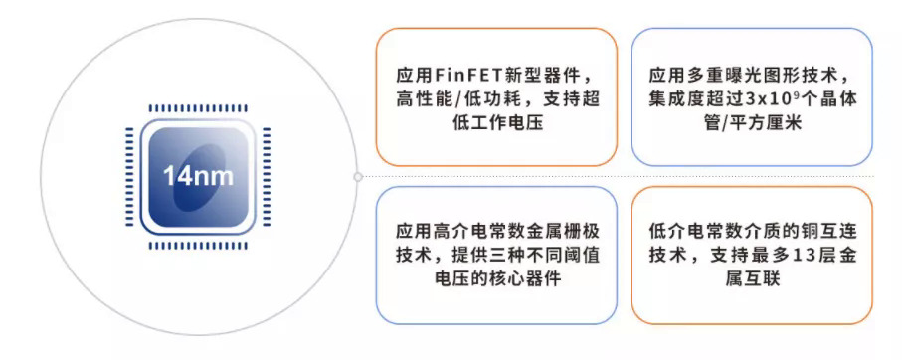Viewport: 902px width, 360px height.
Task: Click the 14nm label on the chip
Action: pyautogui.click(x=200, y=178)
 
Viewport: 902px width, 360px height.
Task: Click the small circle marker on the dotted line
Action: pyautogui.click(x=358, y=177)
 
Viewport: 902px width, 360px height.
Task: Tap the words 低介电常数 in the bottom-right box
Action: pyautogui.click(x=685, y=229)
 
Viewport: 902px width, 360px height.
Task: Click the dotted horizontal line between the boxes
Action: pyautogui.click(x=617, y=177)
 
